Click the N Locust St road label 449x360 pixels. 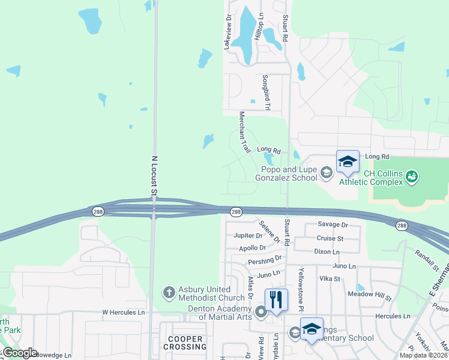point(154,176)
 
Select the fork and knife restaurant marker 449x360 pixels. point(276,299)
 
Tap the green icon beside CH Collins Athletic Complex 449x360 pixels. point(412,176)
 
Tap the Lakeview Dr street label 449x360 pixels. point(228,33)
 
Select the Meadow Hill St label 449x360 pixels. point(369,297)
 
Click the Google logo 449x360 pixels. point(19,353)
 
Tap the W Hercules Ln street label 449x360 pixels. point(123,313)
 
